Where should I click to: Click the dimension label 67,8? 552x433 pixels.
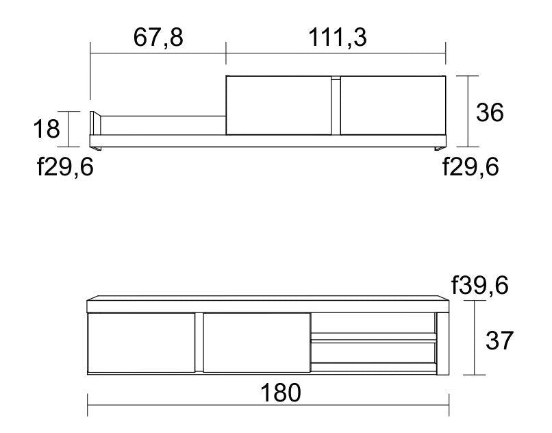tap(158, 38)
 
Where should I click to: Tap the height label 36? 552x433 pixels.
tap(490, 112)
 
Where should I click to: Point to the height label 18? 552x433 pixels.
tap(47, 128)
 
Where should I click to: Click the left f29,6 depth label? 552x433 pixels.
tap(65, 166)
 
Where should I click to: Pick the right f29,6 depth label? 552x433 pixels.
tap(471, 166)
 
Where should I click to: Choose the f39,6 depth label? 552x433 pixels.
tap(479, 285)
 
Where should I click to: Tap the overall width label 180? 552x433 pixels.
tap(280, 393)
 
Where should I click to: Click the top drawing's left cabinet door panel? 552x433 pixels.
tap(279, 106)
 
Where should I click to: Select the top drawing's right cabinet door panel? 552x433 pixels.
tap(392, 106)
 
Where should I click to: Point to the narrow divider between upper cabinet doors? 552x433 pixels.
tap(336, 106)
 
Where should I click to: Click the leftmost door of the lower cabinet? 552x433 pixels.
tap(142, 343)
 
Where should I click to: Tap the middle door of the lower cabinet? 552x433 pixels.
tap(257, 343)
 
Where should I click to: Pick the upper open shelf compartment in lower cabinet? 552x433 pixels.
tap(373, 323)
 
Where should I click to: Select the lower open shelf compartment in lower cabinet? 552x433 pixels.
tap(373, 352)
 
